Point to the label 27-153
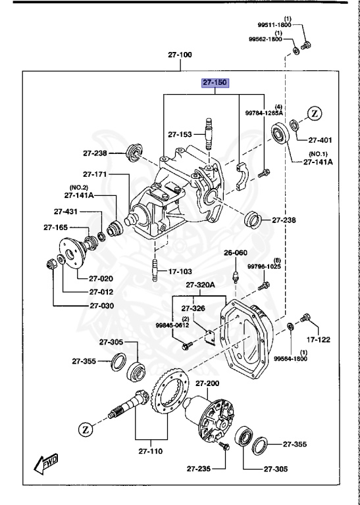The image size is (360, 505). point(179,134)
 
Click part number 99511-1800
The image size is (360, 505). point(279,24)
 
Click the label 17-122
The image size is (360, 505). point(318,339)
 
